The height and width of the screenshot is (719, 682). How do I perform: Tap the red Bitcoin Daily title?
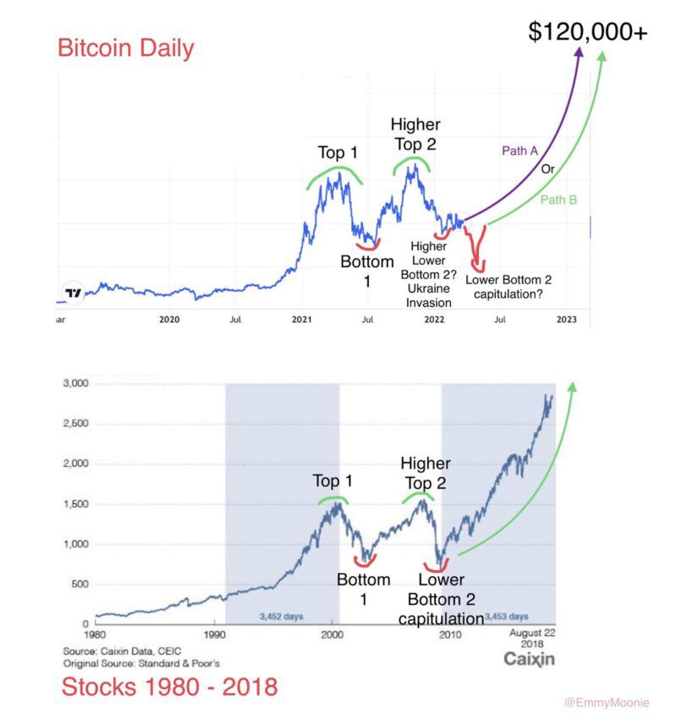(125, 47)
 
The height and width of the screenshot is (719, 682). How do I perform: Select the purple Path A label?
(520, 151)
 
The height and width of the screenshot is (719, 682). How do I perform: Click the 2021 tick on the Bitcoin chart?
(302, 319)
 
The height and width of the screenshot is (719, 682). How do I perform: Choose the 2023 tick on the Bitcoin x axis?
(566, 319)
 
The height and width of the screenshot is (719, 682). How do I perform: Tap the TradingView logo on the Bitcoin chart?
(74, 293)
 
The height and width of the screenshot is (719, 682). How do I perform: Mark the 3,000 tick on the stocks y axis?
(76, 384)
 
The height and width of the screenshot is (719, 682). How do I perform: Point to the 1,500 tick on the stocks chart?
(76, 504)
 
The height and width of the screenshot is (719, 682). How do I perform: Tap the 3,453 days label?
(507, 616)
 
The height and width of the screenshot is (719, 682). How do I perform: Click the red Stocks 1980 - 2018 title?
(169, 686)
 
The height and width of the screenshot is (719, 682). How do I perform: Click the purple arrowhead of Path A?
(580, 53)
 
